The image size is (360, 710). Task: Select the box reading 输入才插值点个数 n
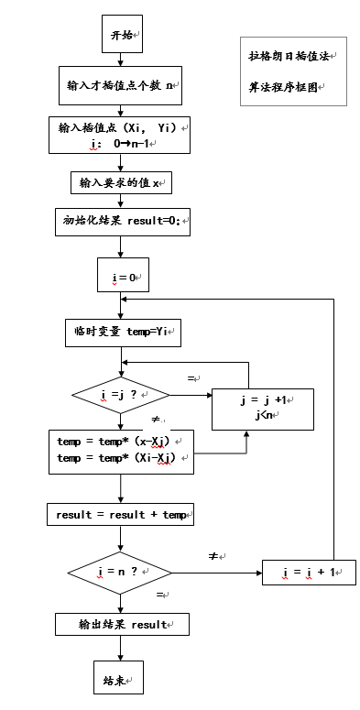(121, 85)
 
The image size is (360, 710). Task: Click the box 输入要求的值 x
(121, 182)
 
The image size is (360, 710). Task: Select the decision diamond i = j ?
(121, 395)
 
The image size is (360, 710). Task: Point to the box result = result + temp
(121, 515)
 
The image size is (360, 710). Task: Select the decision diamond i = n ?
(121, 572)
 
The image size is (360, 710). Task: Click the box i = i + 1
(309, 573)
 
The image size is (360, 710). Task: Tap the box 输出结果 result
(122, 624)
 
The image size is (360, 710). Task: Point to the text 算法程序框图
(285, 88)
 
